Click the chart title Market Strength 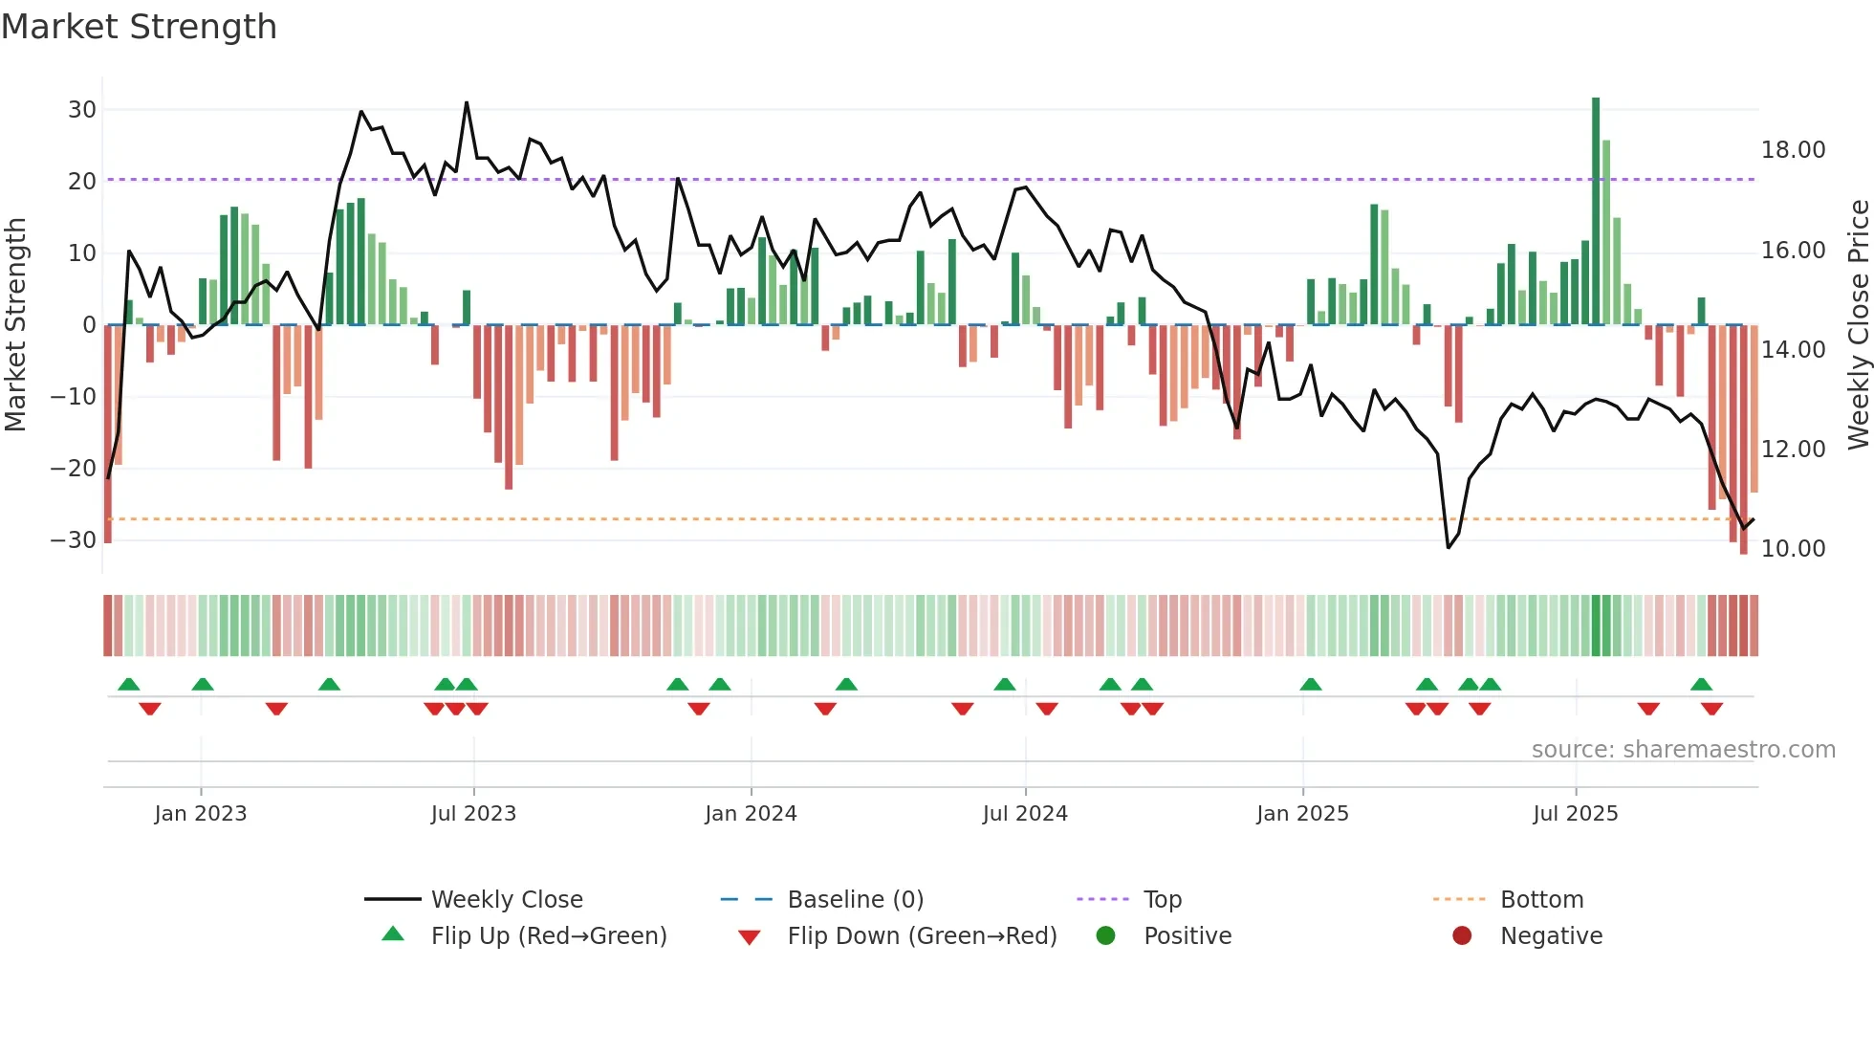[139, 27]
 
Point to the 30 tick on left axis [82, 110]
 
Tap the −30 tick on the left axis [75, 540]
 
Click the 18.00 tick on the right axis [1793, 150]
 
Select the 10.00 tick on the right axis [1793, 549]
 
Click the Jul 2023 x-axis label [473, 814]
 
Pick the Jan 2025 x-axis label [1302, 814]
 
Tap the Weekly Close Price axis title [1858, 325]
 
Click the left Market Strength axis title [15, 325]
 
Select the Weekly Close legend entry [507, 900]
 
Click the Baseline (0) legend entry [855, 900]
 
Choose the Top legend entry [1163, 900]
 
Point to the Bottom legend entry [1541, 900]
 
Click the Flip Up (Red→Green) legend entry [549, 936]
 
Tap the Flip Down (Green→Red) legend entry [922, 936]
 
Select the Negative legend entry [1551, 936]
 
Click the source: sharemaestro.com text [1683, 750]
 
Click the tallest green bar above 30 [1596, 210]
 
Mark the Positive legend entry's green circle [1106, 936]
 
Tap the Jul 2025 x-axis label [1575, 814]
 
